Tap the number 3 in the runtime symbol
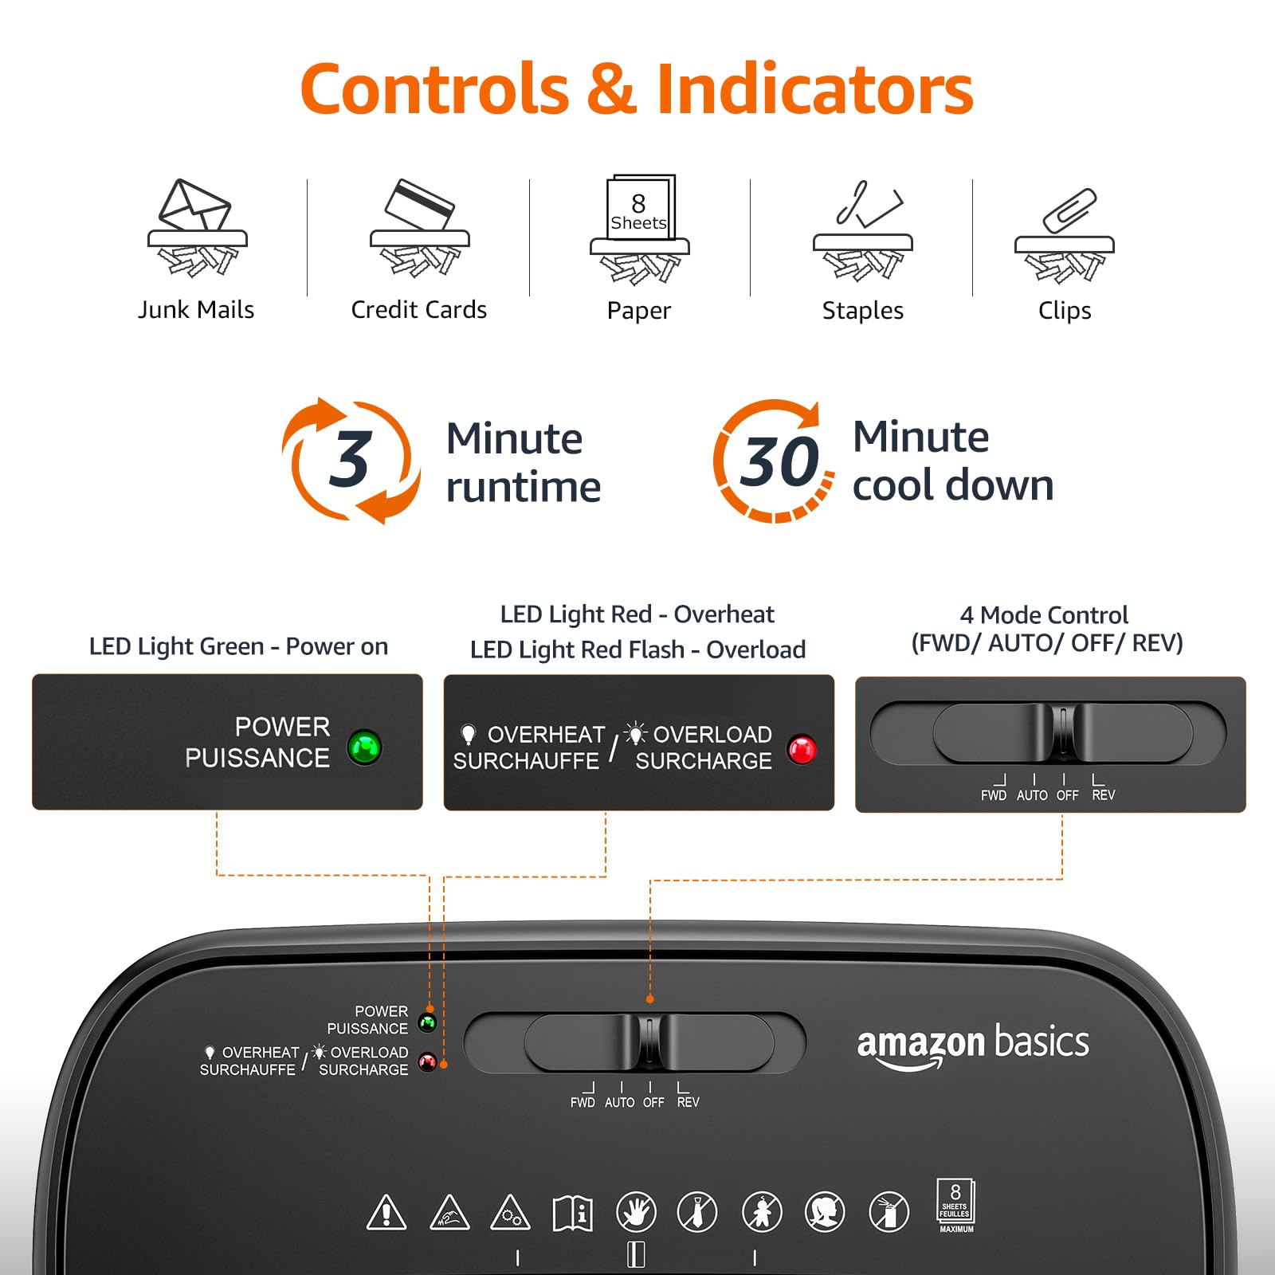(350, 459)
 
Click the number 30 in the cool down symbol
(779, 461)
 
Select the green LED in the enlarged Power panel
(365, 747)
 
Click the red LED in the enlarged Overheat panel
(802, 749)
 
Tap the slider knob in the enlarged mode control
(1062, 732)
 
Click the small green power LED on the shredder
(427, 1022)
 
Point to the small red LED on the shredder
(428, 1062)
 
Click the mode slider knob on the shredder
(649, 1042)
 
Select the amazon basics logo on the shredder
(972, 1046)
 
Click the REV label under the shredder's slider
(688, 1102)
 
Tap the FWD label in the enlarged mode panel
(994, 795)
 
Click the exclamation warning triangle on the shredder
(386, 1212)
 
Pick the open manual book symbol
(573, 1213)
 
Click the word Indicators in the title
(814, 89)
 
